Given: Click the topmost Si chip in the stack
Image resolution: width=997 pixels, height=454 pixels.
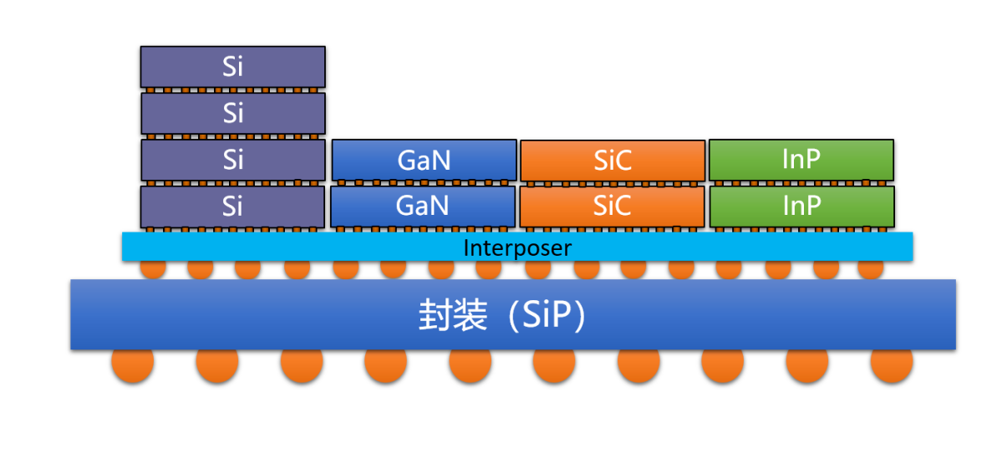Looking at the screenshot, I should click(x=232, y=67).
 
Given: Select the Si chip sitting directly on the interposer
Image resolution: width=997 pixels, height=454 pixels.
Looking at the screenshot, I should click(x=232, y=206).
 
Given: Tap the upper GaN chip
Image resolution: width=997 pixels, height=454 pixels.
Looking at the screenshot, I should click(x=424, y=160).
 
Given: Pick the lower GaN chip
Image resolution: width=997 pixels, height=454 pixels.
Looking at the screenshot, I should click(x=423, y=206).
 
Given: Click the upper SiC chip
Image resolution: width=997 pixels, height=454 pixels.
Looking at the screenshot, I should click(x=612, y=160).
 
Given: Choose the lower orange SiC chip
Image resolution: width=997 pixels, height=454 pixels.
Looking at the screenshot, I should click(x=612, y=206).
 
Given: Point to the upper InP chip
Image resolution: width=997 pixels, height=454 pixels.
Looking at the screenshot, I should click(x=801, y=160).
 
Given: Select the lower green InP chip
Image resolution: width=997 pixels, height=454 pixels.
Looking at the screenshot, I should click(x=801, y=206).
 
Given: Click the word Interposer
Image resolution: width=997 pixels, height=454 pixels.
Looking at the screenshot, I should click(x=517, y=247).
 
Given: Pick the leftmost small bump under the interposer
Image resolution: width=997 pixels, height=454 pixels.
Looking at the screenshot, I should click(x=152, y=269).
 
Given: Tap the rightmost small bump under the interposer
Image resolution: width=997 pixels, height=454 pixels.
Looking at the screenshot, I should click(x=871, y=269).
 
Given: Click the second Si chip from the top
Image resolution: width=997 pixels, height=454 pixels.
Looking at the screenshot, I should click(x=232, y=113).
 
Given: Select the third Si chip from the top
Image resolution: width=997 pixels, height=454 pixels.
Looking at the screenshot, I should click(x=232, y=160).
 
